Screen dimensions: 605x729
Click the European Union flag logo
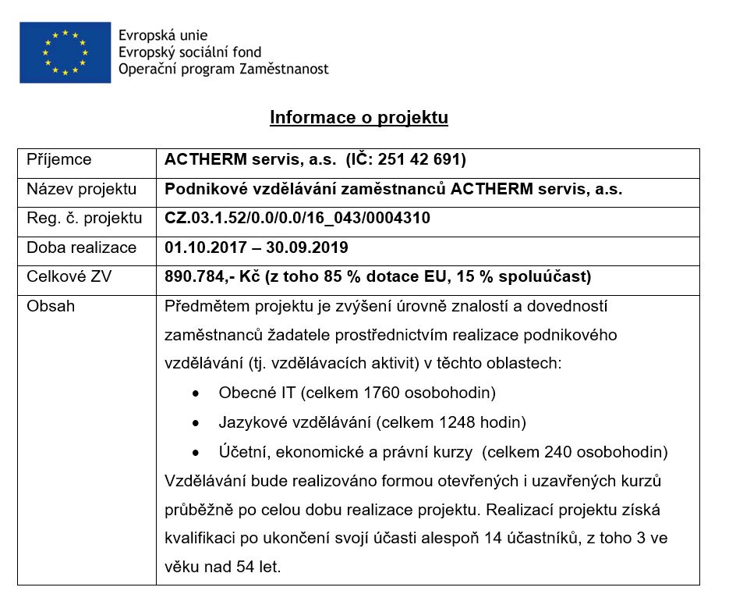(65, 52)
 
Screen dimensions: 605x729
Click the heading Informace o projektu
(359, 118)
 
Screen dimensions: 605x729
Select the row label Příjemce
(59, 160)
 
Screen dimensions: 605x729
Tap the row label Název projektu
(82, 189)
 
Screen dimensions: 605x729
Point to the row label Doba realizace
(82, 247)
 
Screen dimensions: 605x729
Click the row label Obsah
(51, 306)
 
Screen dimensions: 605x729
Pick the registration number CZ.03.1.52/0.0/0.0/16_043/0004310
(297, 219)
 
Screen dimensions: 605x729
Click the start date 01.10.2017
(202, 247)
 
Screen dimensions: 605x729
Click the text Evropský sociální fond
(189, 52)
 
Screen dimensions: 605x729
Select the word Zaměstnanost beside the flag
(283, 69)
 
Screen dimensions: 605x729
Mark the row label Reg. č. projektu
(84, 219)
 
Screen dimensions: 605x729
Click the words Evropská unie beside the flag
(163, 36)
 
